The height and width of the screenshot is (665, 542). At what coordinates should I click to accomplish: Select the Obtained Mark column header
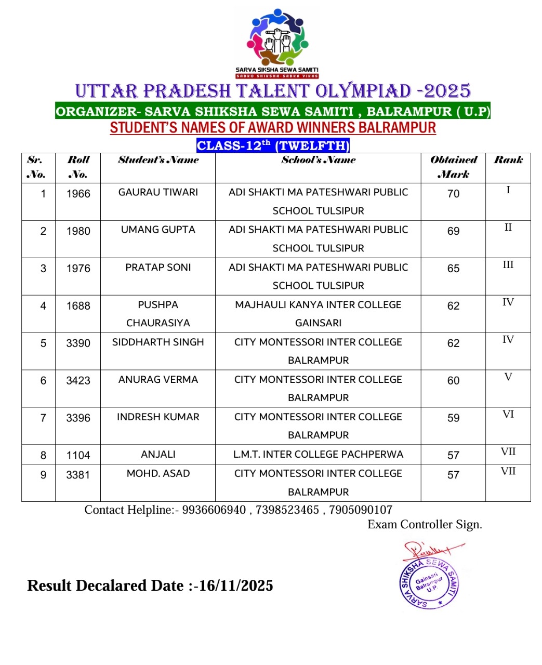coord(453,167)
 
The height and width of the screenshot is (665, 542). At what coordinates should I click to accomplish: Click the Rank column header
coord(508,160)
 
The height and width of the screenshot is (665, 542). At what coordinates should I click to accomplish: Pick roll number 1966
coord(78,194)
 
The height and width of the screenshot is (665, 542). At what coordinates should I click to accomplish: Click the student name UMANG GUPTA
coord(158,230)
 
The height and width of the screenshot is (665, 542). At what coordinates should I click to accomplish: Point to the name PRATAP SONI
coord(158,268)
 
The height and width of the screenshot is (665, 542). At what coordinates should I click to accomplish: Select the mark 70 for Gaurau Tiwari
coord(453,194)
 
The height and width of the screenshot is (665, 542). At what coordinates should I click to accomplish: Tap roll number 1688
coord(78,306)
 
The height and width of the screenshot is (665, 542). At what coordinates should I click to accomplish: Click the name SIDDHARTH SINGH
coord(158,342)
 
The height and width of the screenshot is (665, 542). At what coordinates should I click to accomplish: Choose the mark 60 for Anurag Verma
coord(453,381)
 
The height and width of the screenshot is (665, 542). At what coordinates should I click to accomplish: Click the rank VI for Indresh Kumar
coord(508,415)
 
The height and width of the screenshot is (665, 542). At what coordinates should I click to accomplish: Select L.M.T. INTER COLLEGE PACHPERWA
coord(318,455)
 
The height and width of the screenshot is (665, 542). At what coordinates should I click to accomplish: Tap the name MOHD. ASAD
coord(158,474)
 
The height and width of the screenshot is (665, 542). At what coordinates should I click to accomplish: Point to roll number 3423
coord(78,381)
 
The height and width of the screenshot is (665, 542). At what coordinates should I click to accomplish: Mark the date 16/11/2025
coord(236,586)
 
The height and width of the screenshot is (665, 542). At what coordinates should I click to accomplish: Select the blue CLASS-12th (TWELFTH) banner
coord(273,145)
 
